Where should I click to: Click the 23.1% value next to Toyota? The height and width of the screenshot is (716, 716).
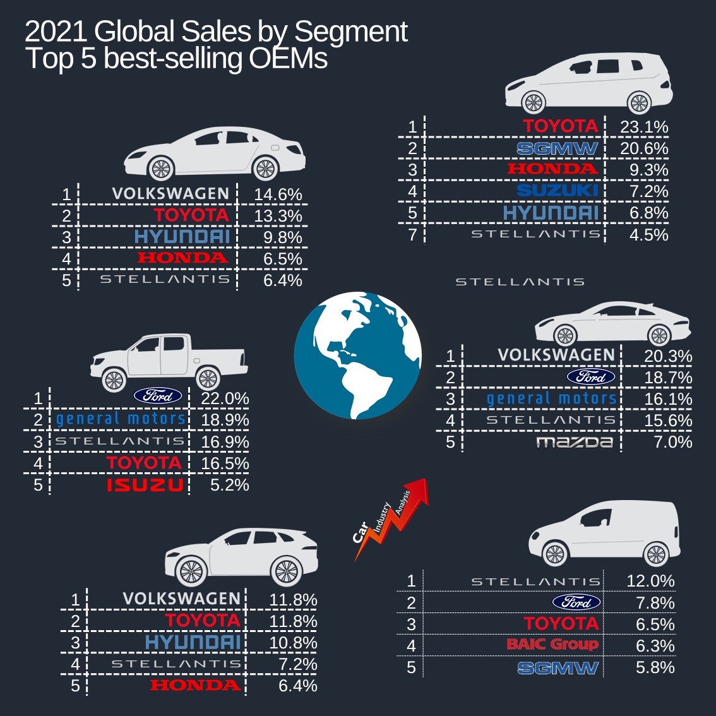pyautogui.click(x=644, y=127)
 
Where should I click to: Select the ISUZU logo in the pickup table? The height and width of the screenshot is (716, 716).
pyautogui.click(x=145, y=485)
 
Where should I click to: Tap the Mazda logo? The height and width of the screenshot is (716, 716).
pyautogui.click(x=575, y=442)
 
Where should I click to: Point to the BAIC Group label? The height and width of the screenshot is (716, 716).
pyautogui.click(x=552, y=645)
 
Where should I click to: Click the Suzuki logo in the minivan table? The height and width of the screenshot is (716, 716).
pyautogui.click(x=557, y=191)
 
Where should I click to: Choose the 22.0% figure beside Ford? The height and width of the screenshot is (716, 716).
pyautogui.click(x=225, y=399)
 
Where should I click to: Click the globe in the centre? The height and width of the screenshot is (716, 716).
pyautogui.click(x=358, y=355)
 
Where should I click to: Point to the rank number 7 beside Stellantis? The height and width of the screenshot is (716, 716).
pyautogui.click(x=412, y=235)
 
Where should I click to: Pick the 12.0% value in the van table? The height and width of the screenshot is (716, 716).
pyautogui.click(x=650, y=581)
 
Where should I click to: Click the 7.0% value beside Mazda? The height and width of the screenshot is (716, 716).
pyautogui.click(x=673, y=442)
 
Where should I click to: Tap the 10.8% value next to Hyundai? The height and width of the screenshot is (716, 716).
pyautogui.click(x=293, y=643)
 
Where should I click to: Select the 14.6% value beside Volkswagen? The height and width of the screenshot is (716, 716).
pyautogui.click(x=278, y=194)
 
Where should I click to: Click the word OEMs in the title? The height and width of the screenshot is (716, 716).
pyautogui.click(x=288, y=59)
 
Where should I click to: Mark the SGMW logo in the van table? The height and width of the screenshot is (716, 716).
pyautogui.click(x=558, y=668)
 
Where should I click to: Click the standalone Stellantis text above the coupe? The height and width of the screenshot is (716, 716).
pyautogui.click(x=520, y=282)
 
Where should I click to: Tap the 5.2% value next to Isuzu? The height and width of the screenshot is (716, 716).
pyautogui.click(x=230, y=485)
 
